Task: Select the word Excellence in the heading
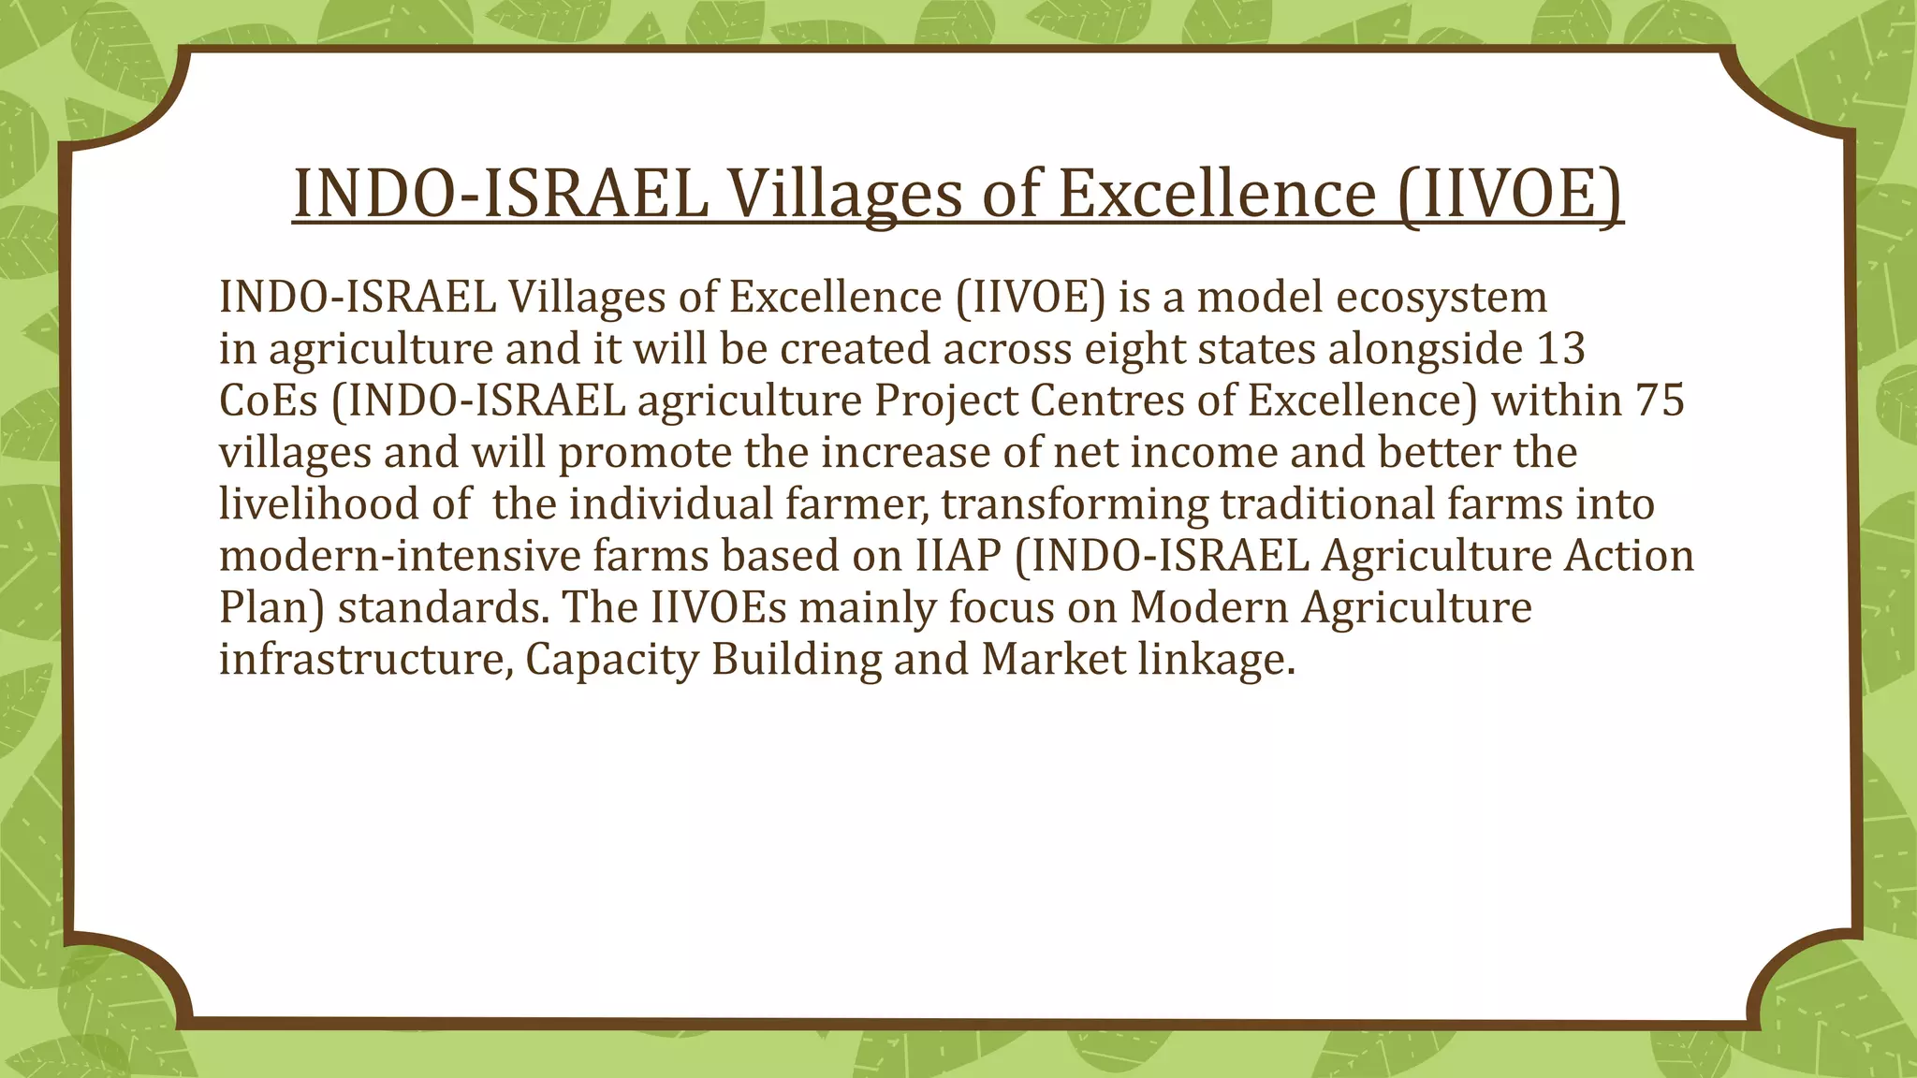(1216, 194)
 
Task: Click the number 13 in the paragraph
(1560, 349)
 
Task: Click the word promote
(646, 453)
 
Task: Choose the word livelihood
(318, 504)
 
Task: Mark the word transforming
(1075, 504)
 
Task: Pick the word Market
(1053, 659)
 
